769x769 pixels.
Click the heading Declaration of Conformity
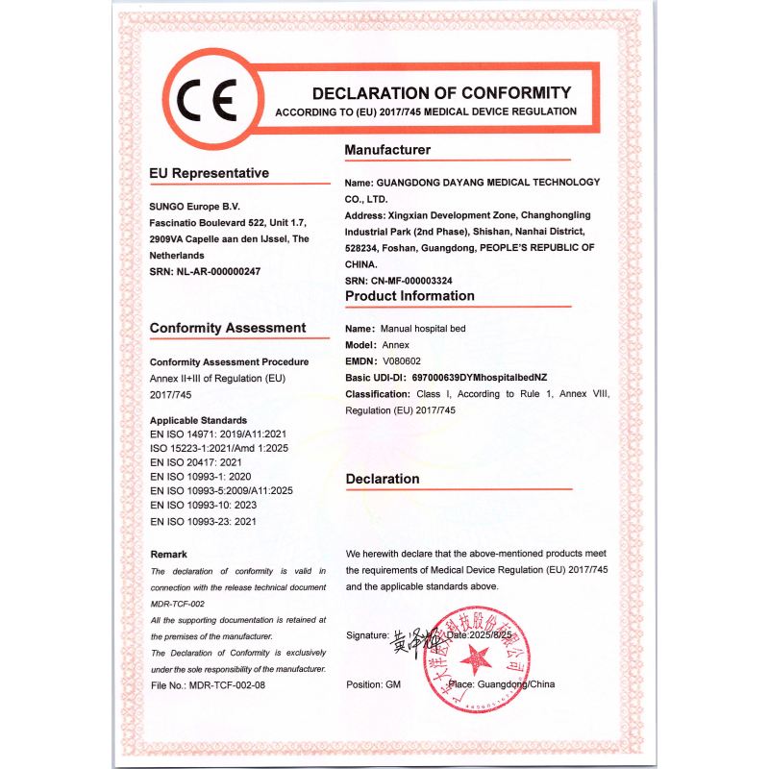pyautogui.click(x=441, y=93)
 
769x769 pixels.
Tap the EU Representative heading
pyautogui.click(x=209, y=173)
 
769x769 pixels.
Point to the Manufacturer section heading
pyautogui.click(x=387, y=150)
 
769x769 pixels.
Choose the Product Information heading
pyautogui.click(x=409, y=296)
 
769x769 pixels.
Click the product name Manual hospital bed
pyautogui.click(x=424, y=329)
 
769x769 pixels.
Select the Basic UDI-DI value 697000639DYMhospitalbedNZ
pyautogui.click(x=492, y=378)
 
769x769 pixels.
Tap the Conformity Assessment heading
pyautogui.click(x=228, y=328)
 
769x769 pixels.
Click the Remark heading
pyautogui.click(x=169, y=555)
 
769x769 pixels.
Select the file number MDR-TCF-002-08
pyautogui.click(x=227, y=684)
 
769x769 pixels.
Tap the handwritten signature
pyautogui.click(x=413, y=640)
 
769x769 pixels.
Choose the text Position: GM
pyautogui.click(x=373, y=684)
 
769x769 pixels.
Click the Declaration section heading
pyautogui.click(x=383, y=479)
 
